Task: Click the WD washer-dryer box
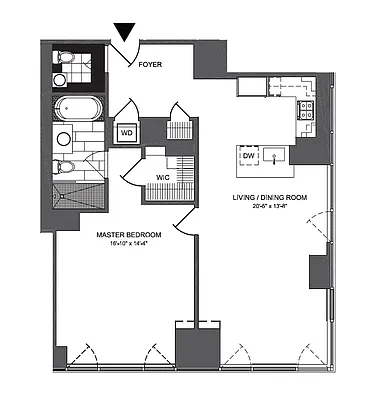pos(128,131)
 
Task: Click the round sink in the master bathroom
pos(63,138)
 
